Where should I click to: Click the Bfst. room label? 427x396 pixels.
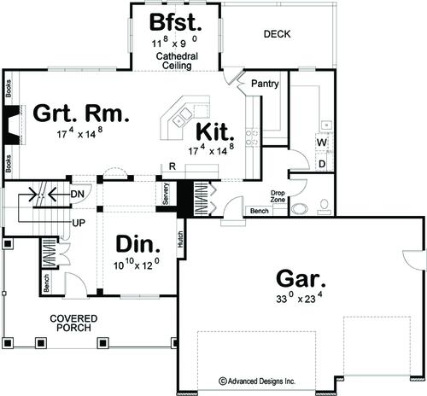(175, 22)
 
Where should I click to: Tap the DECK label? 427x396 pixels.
(277, 34)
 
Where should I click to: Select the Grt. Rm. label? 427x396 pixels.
(81, 114)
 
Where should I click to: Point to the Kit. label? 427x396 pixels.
(215, 131)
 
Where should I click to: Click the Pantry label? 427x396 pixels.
(265, 84)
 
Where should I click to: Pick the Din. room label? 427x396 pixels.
(137, 244)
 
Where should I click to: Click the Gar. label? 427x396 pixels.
(301, 278)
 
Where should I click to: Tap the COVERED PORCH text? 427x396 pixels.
(73, 323)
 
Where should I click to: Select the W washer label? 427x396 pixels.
(322, 142)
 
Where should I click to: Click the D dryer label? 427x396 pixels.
(322, 164)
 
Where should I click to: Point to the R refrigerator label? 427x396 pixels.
(173, 166)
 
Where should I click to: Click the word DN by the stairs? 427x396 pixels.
(78, 195)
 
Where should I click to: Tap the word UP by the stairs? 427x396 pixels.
(79, 223)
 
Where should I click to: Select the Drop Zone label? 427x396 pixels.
(278, 196)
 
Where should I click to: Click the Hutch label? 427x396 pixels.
(180, 239)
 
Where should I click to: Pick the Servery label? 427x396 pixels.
(166, 194)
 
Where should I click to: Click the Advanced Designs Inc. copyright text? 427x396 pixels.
(257, 381)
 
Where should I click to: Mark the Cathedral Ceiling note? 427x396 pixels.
(177, 61)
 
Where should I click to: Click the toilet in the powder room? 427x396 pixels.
(325, 207)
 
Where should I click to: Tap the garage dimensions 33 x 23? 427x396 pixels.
(299, 298)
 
